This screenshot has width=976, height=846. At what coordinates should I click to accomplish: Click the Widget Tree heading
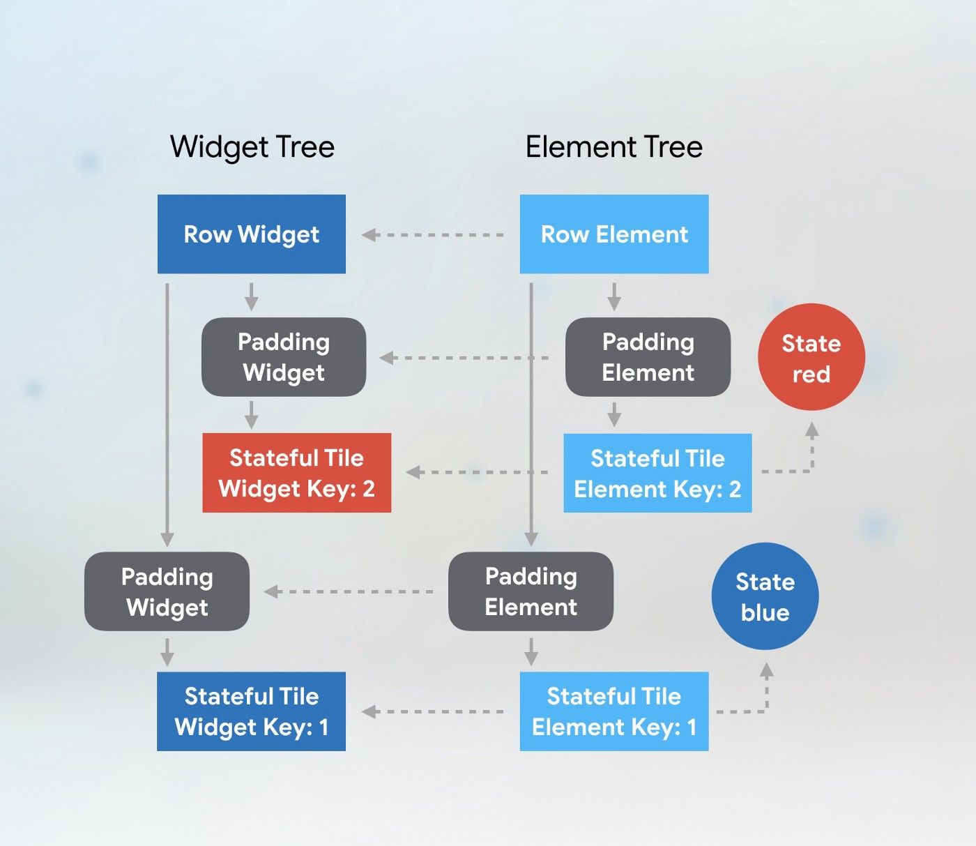[x=252, y=147]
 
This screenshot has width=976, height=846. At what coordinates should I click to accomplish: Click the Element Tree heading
[x=613, y=147]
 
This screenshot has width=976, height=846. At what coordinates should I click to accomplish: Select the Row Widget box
[x=252, y=234]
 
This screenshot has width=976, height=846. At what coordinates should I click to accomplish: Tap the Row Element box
[x=614, y=234]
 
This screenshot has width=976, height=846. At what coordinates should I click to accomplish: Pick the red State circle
[x=811, y=358]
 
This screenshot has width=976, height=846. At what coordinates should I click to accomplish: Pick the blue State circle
[x=765, y=597]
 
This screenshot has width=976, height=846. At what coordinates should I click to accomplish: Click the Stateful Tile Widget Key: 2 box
[x=296, y=473]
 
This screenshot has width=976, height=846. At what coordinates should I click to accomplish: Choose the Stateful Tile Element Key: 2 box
[x=657, y=473]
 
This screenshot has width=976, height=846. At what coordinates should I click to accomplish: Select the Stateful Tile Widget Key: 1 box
[x=251, y=711]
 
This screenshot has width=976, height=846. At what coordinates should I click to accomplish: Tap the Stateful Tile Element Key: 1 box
[x=614, y=711]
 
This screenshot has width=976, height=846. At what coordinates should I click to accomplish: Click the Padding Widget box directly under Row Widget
[x=284, y=357]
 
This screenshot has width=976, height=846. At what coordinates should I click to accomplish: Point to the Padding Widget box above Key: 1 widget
[x=167, y=591]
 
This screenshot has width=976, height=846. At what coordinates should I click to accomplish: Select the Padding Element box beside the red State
[x=648, y=357]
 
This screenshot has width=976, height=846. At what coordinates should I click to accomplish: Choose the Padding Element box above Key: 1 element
[x=531, y=591]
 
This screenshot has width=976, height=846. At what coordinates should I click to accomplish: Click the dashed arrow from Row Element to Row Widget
[x=432, y=235]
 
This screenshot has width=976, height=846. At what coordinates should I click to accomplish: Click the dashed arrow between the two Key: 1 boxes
[x=432, y=711]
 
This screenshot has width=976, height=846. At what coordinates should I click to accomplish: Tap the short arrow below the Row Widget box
[x=252, y=296]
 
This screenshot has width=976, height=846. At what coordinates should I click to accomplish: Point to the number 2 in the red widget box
[x=368, y=489]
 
